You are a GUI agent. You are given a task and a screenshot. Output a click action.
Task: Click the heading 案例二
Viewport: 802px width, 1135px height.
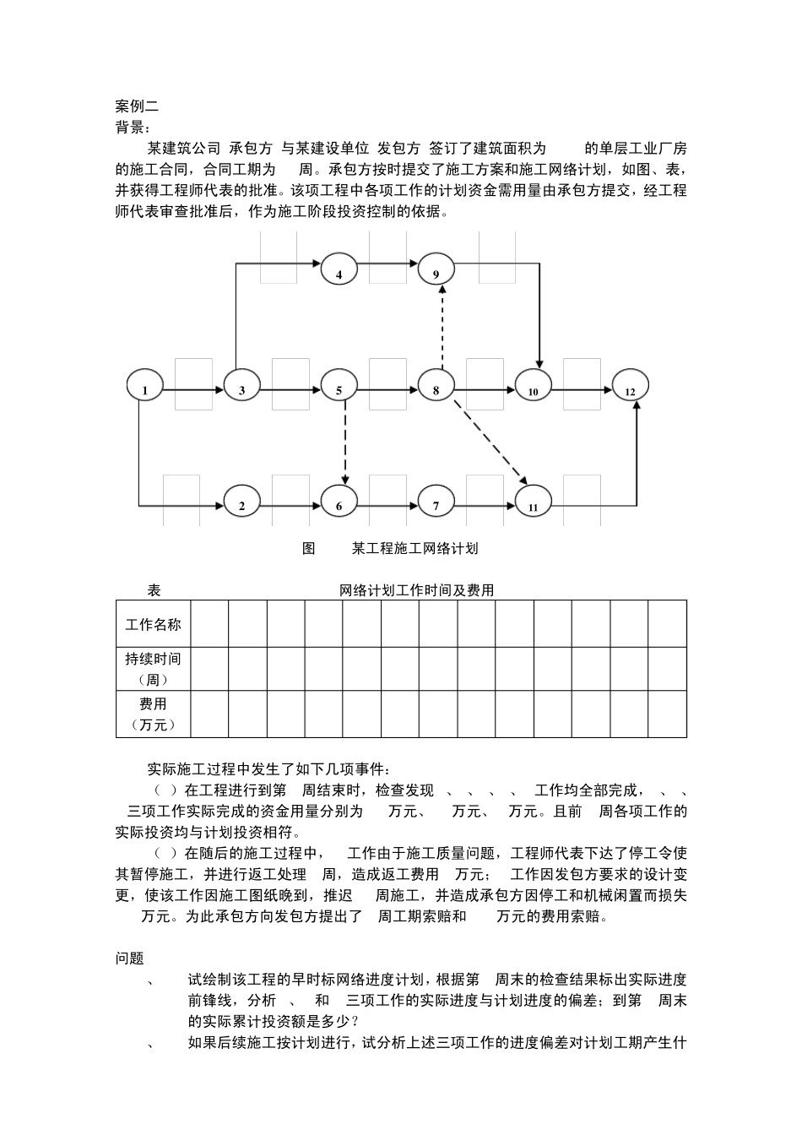pos(137,106)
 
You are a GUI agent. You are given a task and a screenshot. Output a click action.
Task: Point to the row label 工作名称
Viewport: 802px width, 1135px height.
pos(153,625)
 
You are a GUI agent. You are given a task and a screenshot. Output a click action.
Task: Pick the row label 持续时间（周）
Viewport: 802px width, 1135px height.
pos(153,669)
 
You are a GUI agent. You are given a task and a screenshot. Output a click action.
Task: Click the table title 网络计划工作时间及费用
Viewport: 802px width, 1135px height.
pos(416,591)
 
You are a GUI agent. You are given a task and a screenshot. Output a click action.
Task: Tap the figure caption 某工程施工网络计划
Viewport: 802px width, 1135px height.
pos(415,549)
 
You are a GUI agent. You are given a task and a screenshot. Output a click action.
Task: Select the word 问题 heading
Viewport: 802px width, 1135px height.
pos(130,959)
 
